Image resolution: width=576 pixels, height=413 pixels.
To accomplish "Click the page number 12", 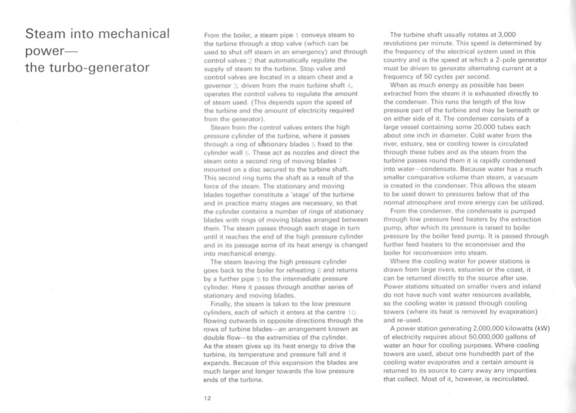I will point(207,397).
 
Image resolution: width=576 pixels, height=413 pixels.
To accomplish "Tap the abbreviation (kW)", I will point(541,328).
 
